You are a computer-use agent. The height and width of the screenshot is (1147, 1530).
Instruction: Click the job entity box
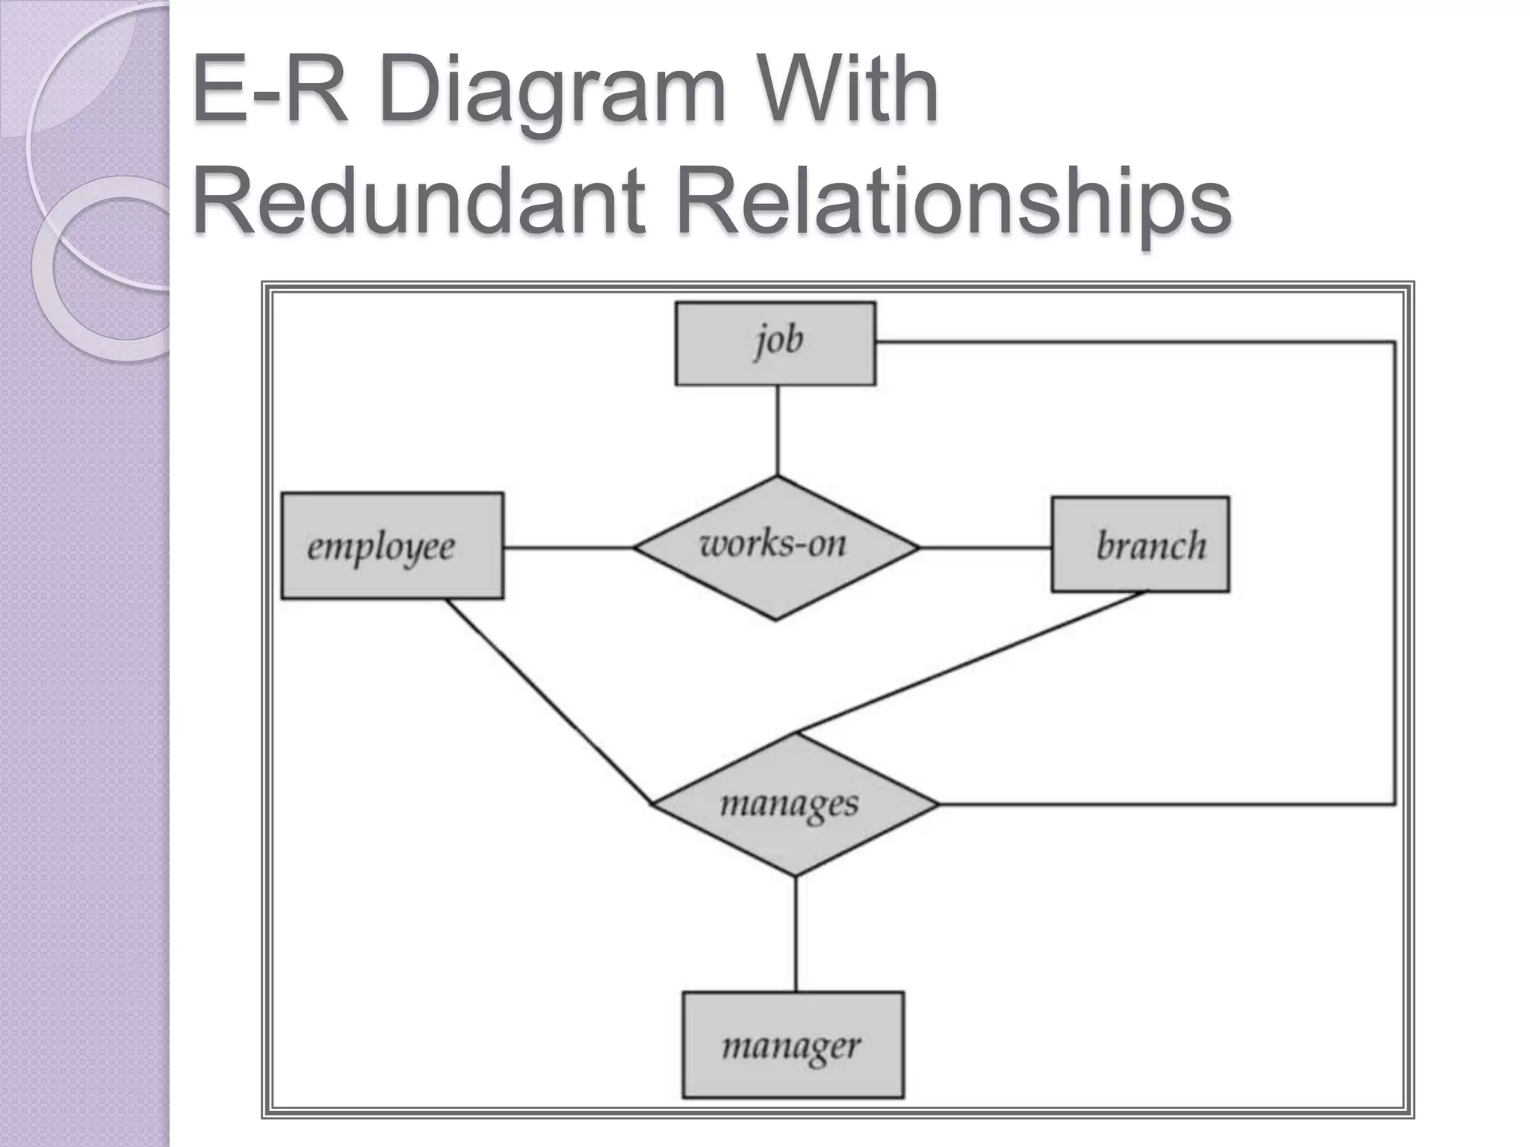pyautogui.click(x=775, y=344)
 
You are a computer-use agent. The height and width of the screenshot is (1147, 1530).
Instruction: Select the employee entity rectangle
pyautogui.click(x=392, y=546)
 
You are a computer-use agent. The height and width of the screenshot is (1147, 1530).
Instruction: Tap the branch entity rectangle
pyautogui.click(x=1140, y=544)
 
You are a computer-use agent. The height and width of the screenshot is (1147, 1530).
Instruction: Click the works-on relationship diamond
pyautogui.click(x=775, y=547)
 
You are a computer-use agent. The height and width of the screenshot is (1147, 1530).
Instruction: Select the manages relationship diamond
pyautogui.click(x=794, y=804)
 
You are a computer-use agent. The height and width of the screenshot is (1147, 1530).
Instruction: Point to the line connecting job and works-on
pyautogui.click(x=778, y=430)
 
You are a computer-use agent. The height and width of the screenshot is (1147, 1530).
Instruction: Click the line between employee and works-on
pyautogui.click(x=568, y=548)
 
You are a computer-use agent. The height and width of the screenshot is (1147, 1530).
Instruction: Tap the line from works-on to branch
pyautogui.click(x=985, y=548)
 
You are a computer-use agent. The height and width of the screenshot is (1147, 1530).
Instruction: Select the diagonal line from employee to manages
pyautogui.click(x=549, y=702)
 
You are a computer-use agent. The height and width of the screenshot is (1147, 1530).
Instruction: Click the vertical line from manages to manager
pyautogui.click(x=796, y=933)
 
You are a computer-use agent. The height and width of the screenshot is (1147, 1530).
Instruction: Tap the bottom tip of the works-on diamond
pyautogui.click(x=775, y=618)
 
